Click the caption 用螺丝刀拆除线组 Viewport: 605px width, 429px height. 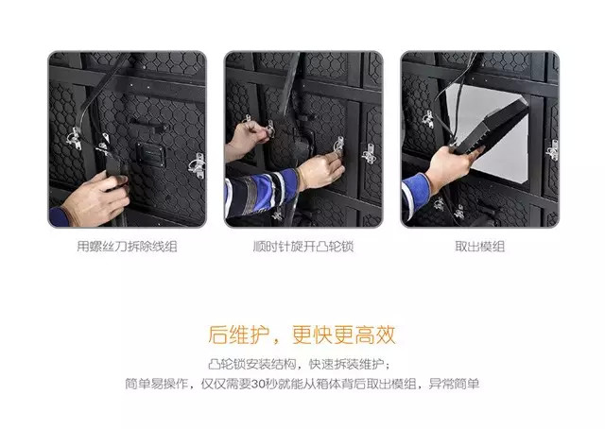click(x=127, y=248)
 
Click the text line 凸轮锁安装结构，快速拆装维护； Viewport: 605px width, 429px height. click(x=302, y=364)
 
